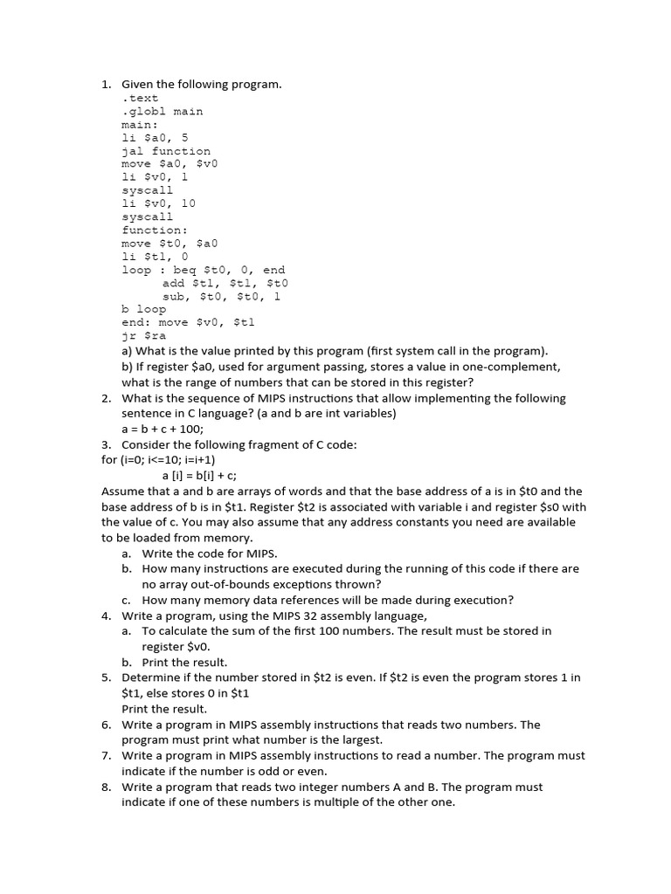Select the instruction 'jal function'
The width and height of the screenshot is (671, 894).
point(165,151)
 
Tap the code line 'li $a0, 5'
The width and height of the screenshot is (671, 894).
point(154,138)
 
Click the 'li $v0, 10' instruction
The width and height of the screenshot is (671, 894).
point(158,203)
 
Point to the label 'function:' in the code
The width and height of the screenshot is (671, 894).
point(154,230)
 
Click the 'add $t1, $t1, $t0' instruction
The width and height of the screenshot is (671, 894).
point(225,283)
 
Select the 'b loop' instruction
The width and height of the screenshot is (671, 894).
point(143,309)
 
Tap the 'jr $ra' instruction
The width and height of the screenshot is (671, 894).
point(142,335)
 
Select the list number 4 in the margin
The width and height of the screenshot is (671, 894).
point(106,615)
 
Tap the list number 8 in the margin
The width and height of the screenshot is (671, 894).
point(106,787)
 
